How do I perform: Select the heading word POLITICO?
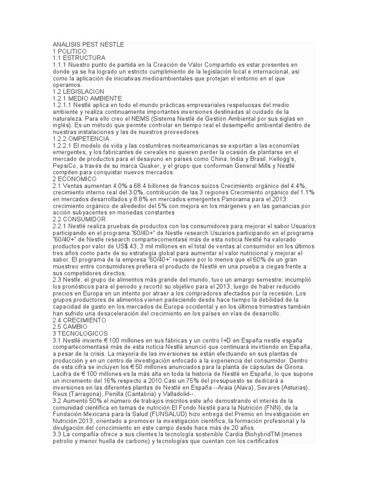point(73,51)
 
